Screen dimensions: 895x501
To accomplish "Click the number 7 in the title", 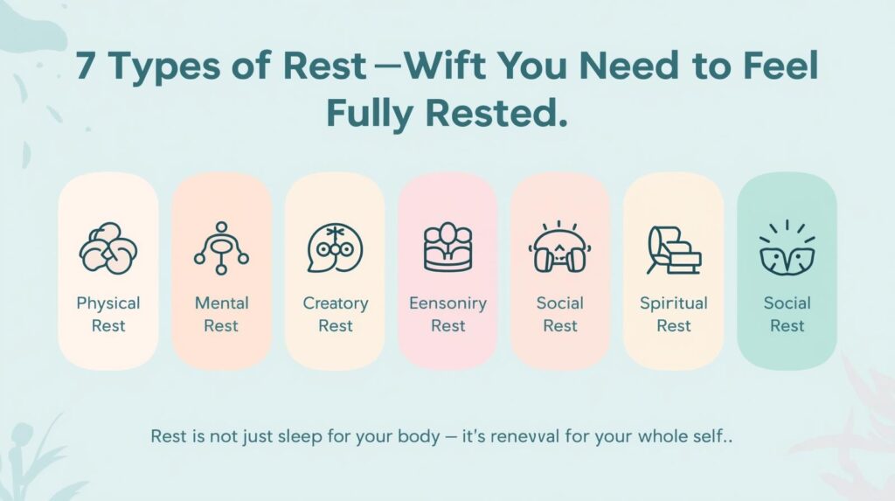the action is pos(85,66).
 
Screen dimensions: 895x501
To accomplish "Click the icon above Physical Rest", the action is pos(108,248).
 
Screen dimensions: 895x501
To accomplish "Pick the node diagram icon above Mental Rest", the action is pos(221,247).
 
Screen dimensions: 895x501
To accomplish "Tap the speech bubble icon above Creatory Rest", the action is pos(335,248).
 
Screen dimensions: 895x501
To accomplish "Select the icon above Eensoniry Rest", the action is pos(448,247).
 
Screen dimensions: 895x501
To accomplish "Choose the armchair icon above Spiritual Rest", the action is pos(674,250).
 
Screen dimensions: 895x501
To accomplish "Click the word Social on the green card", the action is pos(787,303).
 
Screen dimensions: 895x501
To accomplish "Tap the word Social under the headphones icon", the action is pos(560,303).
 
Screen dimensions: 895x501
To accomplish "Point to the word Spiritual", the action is pos(674,303).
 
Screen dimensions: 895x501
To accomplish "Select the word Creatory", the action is pos(336,303).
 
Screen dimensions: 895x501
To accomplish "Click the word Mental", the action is pos(221,303).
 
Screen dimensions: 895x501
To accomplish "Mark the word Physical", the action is pos(108,303).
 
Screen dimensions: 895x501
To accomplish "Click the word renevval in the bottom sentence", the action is pos(525,437).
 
